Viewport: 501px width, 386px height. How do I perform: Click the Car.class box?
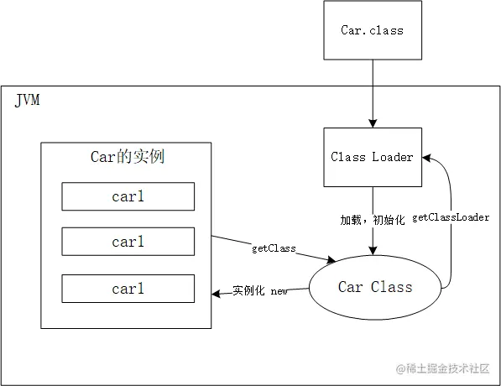coord(372,30)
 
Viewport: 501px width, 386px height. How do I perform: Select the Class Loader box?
coord(372,157)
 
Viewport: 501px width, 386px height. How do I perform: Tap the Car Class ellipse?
coord(375,287)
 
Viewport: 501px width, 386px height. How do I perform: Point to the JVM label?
coord(27,102)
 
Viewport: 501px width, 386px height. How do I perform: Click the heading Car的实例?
coord(128,157)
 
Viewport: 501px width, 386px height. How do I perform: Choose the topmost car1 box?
coord(128,196)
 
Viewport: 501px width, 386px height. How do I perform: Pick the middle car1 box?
coord(128,242)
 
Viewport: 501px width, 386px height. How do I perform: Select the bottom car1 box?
coord(128,288)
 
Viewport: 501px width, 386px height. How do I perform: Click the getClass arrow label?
coord(273,249)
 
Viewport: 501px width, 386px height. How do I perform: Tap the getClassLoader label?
coord(451,217)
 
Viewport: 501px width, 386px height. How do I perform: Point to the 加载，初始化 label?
coord(372,220)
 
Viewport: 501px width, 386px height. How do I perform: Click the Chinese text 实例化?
coord(249,291)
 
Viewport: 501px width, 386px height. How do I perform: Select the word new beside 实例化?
coord(279,291)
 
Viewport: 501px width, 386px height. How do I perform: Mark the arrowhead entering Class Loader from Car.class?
coord(372,123)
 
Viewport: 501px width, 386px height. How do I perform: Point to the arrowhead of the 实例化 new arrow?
coord(217,291)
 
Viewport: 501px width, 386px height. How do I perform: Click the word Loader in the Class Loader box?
coord(392,157)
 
